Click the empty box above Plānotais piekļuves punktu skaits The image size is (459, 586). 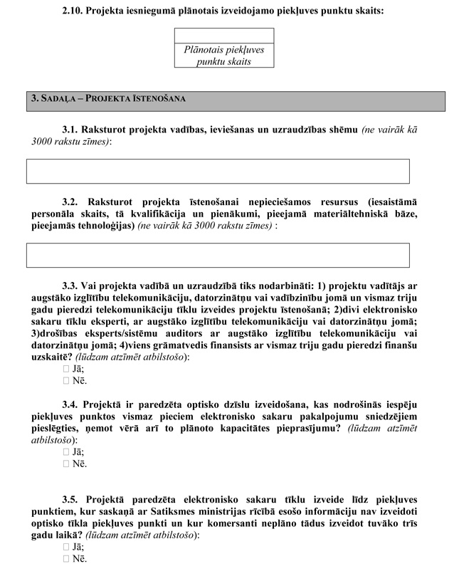click(223, 36)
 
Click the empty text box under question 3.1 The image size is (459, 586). click(218, 171)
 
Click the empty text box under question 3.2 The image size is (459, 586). click(218, 255)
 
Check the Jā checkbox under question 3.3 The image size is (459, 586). click(66, 368)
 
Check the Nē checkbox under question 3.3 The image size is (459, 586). click(66, 380)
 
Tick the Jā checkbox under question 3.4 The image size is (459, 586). click(66, 451)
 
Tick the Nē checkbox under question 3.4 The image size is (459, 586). click(66, 464)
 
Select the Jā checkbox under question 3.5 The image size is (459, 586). click(66, 547)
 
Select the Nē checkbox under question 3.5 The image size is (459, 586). click(66, 559)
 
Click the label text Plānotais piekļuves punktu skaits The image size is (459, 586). click(223, 56)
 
